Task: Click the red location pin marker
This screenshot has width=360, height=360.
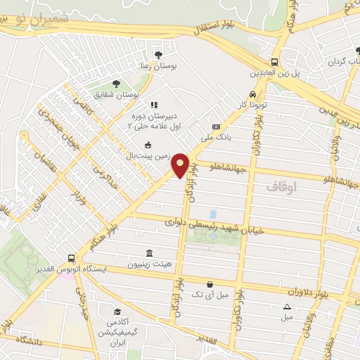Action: (181, 165)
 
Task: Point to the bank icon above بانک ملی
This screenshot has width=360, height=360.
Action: (216, 127)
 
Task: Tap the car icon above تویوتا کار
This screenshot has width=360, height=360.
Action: (252, 94)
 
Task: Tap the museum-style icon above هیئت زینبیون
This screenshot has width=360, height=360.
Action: (148, 253)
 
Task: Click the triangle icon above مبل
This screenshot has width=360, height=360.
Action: (287, 307)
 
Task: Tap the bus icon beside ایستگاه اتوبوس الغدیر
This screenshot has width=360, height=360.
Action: (71, 258)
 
